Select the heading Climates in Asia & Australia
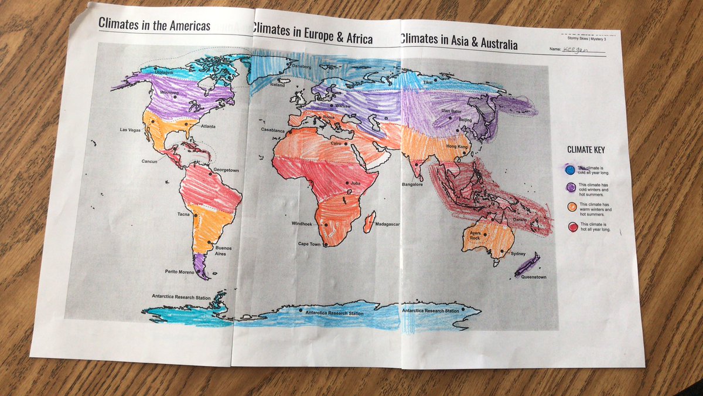coord(459,40)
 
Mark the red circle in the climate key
coord(572,226)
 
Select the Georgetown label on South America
coord(226,170)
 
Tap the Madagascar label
coord(387,224)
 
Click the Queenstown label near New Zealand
coord(533,276)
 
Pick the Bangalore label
coord(412,184)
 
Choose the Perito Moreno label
coord(179,271)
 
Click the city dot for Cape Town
coord(326,245)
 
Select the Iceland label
coord(277,86)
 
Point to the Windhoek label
coord(304,224)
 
